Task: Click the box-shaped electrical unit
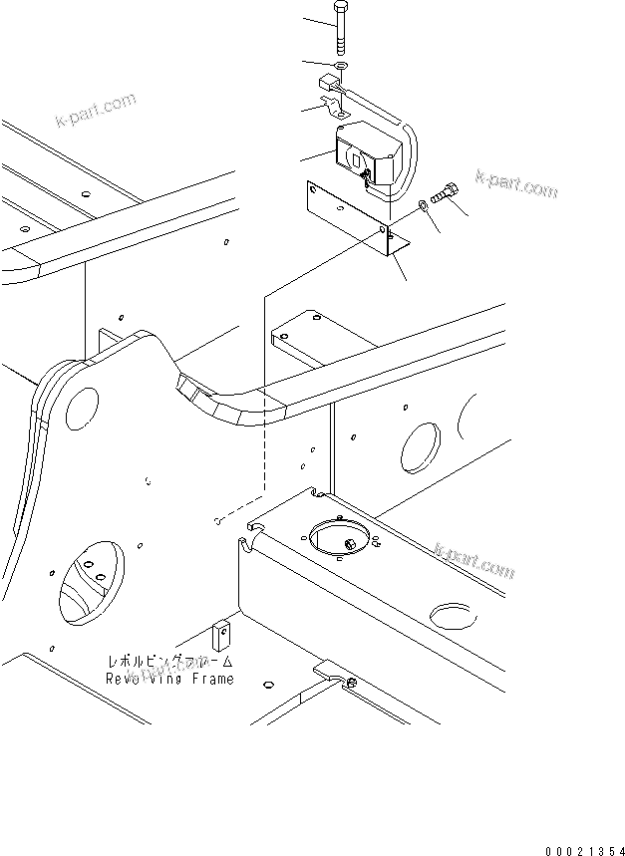click(x=368, y=154)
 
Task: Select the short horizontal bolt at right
click(x=446, y=196)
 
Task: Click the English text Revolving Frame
click(x=170, y=679)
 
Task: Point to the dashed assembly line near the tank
click(x=264, y=399)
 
